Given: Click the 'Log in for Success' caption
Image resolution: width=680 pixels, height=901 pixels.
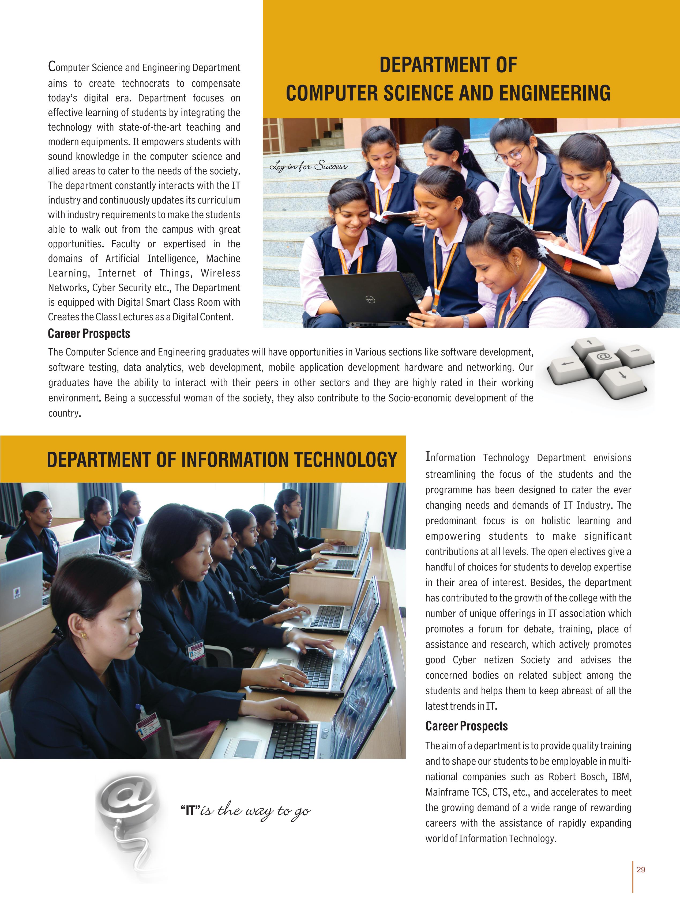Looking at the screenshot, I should coord(309,166).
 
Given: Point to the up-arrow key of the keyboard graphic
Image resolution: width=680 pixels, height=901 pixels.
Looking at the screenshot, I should coord(589,343).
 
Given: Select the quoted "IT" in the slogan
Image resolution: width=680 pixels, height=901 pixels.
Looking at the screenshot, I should coord(190,811).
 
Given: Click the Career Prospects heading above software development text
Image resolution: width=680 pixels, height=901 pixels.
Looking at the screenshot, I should coord(89,334).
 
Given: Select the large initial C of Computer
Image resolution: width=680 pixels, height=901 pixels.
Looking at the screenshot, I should coord(52,66).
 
